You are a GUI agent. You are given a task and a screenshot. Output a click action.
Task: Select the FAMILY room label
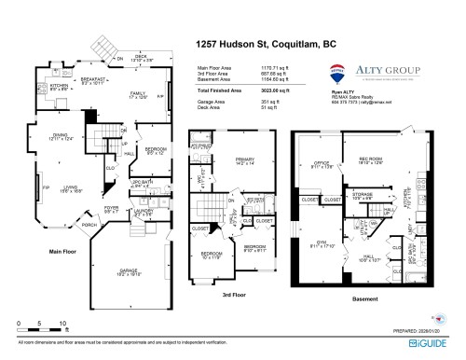point(139,92)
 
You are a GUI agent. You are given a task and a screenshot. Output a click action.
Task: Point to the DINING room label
point(58,136)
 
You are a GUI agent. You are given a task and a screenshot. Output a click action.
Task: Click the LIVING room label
point(59,185)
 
